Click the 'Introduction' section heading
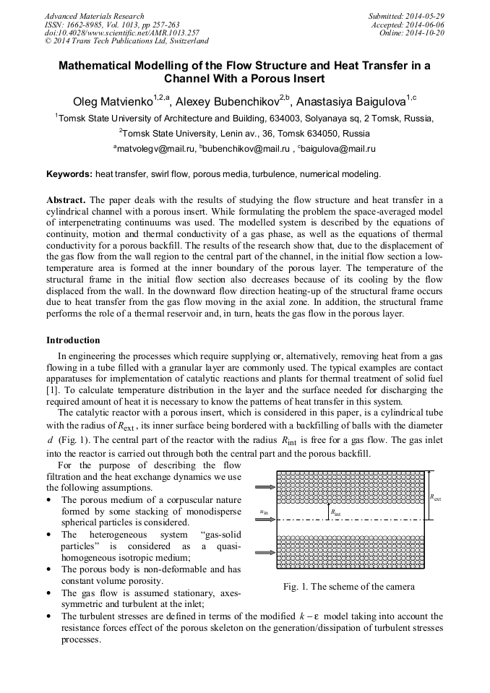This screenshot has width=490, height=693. pos(73,340)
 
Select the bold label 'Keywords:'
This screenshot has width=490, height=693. pos(69,174)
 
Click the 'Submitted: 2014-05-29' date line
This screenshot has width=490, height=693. pos(406,16)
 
